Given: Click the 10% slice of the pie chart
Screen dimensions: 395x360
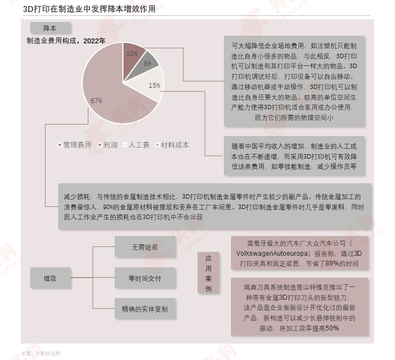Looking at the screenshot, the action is (132, 57).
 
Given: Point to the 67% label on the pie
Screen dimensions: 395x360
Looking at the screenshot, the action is (96, 101).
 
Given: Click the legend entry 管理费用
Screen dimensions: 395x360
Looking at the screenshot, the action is (75, 145).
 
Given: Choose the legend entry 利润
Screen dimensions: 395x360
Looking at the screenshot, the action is (108, 145).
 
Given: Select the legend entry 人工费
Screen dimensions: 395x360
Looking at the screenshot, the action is (136, 145).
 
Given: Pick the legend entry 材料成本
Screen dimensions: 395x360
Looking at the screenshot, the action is (173, 145).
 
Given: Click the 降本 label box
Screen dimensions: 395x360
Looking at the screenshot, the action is (50, 27).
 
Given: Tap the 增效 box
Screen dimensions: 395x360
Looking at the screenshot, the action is (50, 278).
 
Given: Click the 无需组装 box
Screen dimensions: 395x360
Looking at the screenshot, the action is (145, 246).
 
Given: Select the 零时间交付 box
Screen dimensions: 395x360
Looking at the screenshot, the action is (145, 278).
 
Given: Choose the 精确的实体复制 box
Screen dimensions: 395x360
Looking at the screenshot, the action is (145, 308).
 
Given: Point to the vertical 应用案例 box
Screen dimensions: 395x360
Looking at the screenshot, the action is (208, 273).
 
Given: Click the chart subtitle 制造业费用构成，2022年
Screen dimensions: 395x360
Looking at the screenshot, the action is (66, 41).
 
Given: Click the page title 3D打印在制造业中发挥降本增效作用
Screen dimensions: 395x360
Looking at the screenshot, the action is (89, 9).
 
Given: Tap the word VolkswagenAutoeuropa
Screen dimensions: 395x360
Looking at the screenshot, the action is (272, 254).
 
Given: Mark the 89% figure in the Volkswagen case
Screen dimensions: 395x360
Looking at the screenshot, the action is (332, 263).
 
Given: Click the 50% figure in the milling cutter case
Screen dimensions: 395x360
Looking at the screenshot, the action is (332, 328).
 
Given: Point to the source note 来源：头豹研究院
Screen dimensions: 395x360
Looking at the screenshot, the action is (41, 353).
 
